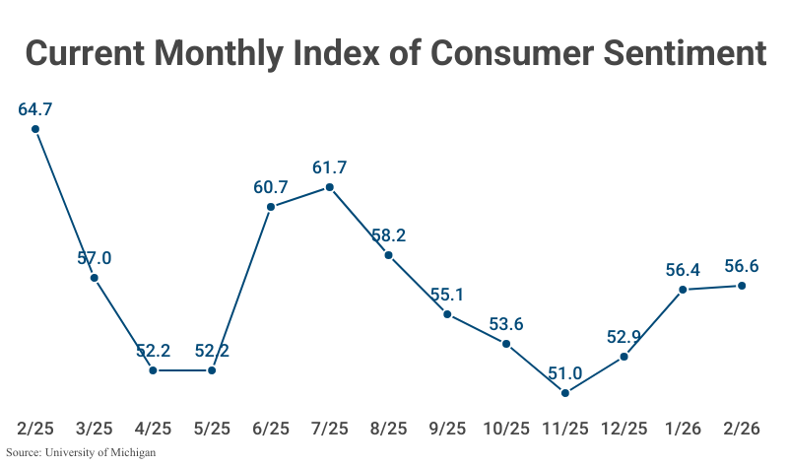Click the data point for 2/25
(35, 129)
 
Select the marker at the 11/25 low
(565, 393)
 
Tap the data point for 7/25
(330, 187)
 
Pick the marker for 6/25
(271, 207)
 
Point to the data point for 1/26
(683, 290)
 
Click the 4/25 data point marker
(153, 370)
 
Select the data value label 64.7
(35, 108)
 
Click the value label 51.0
(565, 372)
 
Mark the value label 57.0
(95, 258)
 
